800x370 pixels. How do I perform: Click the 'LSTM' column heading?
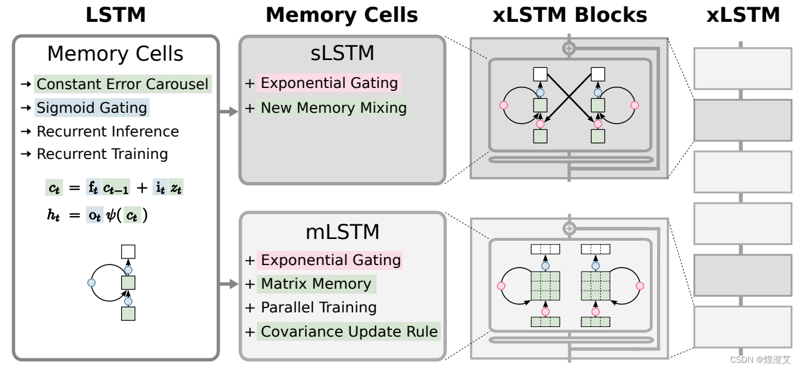[x=116, y=15]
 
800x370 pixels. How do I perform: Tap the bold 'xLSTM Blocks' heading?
[x=570, y=15]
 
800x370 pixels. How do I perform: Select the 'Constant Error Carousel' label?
[x=122, y=84]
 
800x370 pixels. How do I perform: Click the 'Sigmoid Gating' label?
[x=92, y=108]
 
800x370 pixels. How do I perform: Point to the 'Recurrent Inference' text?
[x=108, y=132]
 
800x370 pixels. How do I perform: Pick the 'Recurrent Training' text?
[x=102, y=154]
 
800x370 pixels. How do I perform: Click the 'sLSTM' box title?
[x=342, y=53]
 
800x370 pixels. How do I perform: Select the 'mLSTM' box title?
[x=343, y=232]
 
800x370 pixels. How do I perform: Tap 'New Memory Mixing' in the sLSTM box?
[x=333, y=108]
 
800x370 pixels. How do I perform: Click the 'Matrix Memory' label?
[x=316, y=284]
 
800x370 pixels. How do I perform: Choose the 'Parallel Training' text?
[x=319, y=308]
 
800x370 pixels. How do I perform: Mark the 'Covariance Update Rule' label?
[x=349, y=332]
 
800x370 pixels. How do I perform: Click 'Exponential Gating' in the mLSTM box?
[x=331, y=260]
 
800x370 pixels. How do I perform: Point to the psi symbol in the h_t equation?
[x=113, y=215]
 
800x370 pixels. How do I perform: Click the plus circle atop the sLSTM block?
[x=569, y=48]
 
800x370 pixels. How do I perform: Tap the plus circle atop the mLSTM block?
[x=569, y=229]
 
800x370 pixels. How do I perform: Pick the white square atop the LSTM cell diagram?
[x=128, y=252]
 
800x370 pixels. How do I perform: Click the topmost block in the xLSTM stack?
[x=742, y=69]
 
